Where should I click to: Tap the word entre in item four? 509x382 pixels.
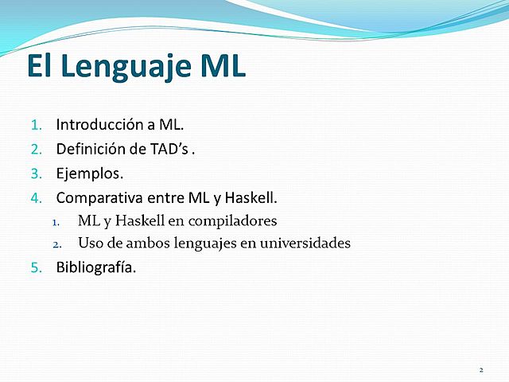click(x=159, y=196)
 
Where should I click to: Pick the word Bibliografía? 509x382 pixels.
click(x=95, y=267)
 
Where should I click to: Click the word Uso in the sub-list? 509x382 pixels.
click(x=90, y=243)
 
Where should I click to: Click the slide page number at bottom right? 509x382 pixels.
click(x=481, y=370)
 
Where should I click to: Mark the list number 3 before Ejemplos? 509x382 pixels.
click(x=35, y=173)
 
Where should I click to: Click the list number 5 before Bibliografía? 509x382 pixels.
click(x=35, y=267)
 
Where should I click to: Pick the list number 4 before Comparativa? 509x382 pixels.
click(x=35, y=197)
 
